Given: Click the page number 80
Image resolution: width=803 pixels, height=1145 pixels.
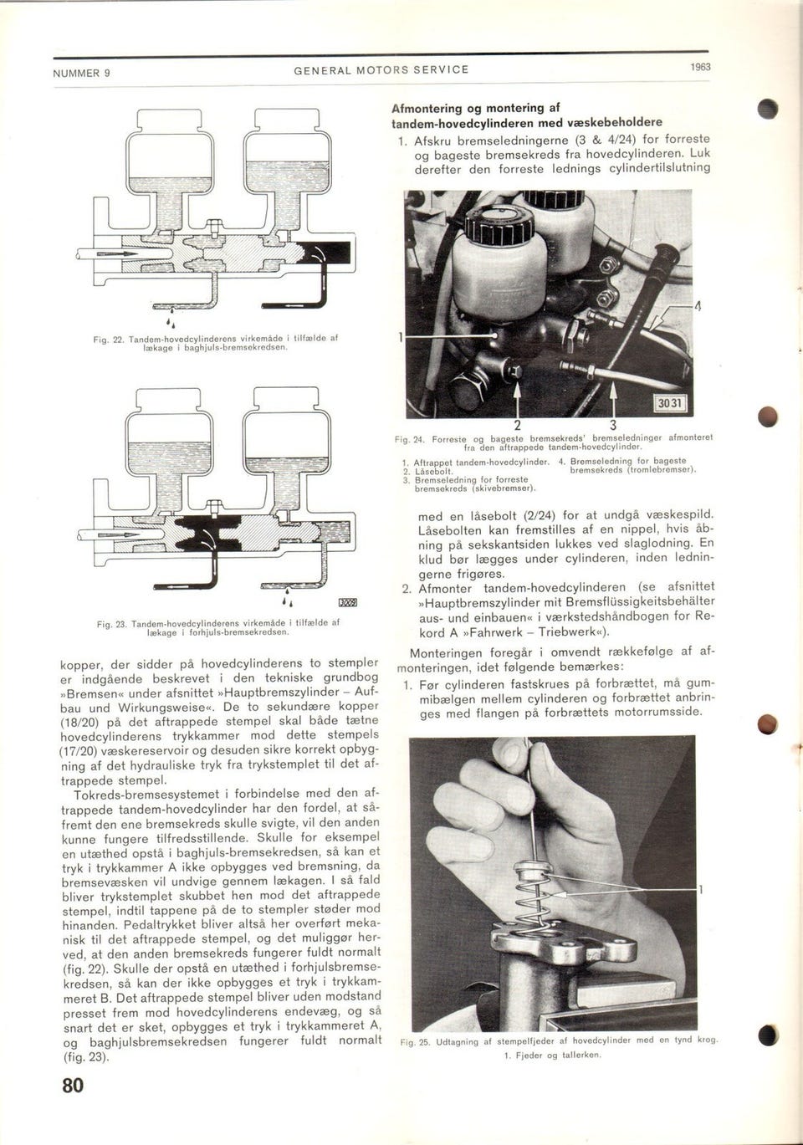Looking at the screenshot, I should [73, 1085].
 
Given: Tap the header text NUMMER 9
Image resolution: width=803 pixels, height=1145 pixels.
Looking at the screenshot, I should [82, 73].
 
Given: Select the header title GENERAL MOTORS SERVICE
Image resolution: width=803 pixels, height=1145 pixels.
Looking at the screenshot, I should [381, 69].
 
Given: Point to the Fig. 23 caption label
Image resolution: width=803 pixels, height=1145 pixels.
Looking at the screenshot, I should [110, 624].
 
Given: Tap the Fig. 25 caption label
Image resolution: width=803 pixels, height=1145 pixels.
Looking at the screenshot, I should [415, 1042].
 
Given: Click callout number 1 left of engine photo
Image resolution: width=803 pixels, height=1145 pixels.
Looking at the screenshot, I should [401, 338].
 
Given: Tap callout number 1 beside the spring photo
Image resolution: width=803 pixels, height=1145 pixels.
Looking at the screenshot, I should [701, 890].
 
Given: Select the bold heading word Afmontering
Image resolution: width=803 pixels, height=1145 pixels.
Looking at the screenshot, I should [432, 108].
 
